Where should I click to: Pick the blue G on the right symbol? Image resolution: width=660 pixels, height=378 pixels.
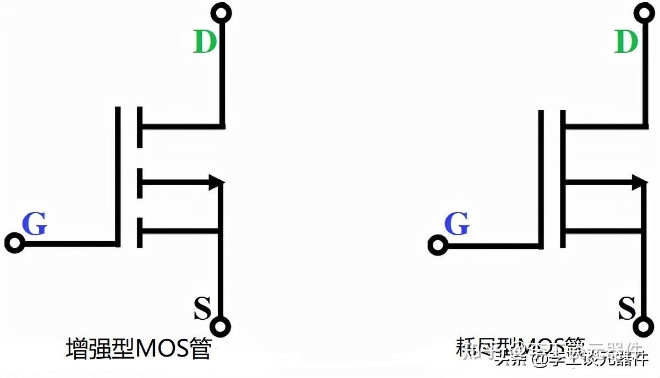pyautogui.click(x=456, y=224)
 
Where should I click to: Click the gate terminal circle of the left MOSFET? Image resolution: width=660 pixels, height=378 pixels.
pyautogui.click(x=14, y=242)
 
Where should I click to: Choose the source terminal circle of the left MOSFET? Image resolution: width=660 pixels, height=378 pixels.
pyautogui.click(x=221, y=326)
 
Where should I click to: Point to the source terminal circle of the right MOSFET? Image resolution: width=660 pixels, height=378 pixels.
pyautogui.click(x=641, y=326)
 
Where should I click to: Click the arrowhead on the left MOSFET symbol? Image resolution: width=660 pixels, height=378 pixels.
pyautogui.click(x=216, y=182)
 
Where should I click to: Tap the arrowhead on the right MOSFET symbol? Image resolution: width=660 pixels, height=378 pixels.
pyautogui.click(x=637, y=182)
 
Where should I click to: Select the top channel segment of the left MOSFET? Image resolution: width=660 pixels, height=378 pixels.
pyautogui.click(x=139, y=127)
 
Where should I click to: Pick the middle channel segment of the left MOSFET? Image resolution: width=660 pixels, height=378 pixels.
pyautogui.click(x=139, y=183)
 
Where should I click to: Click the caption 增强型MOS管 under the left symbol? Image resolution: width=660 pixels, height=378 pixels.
pyautogui.click(x=138, y=348)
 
